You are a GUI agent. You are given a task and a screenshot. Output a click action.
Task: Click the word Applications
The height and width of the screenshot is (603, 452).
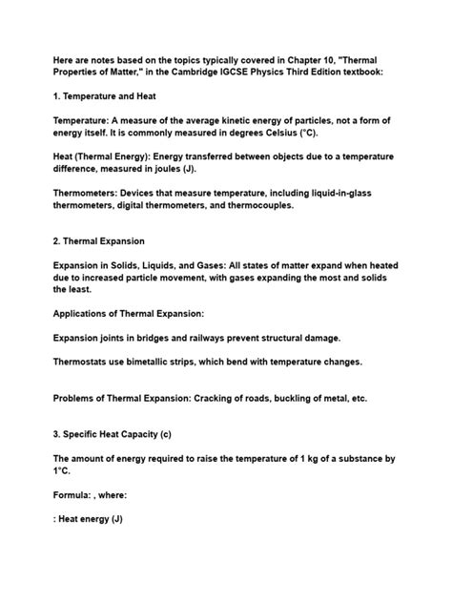[92, 322]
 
